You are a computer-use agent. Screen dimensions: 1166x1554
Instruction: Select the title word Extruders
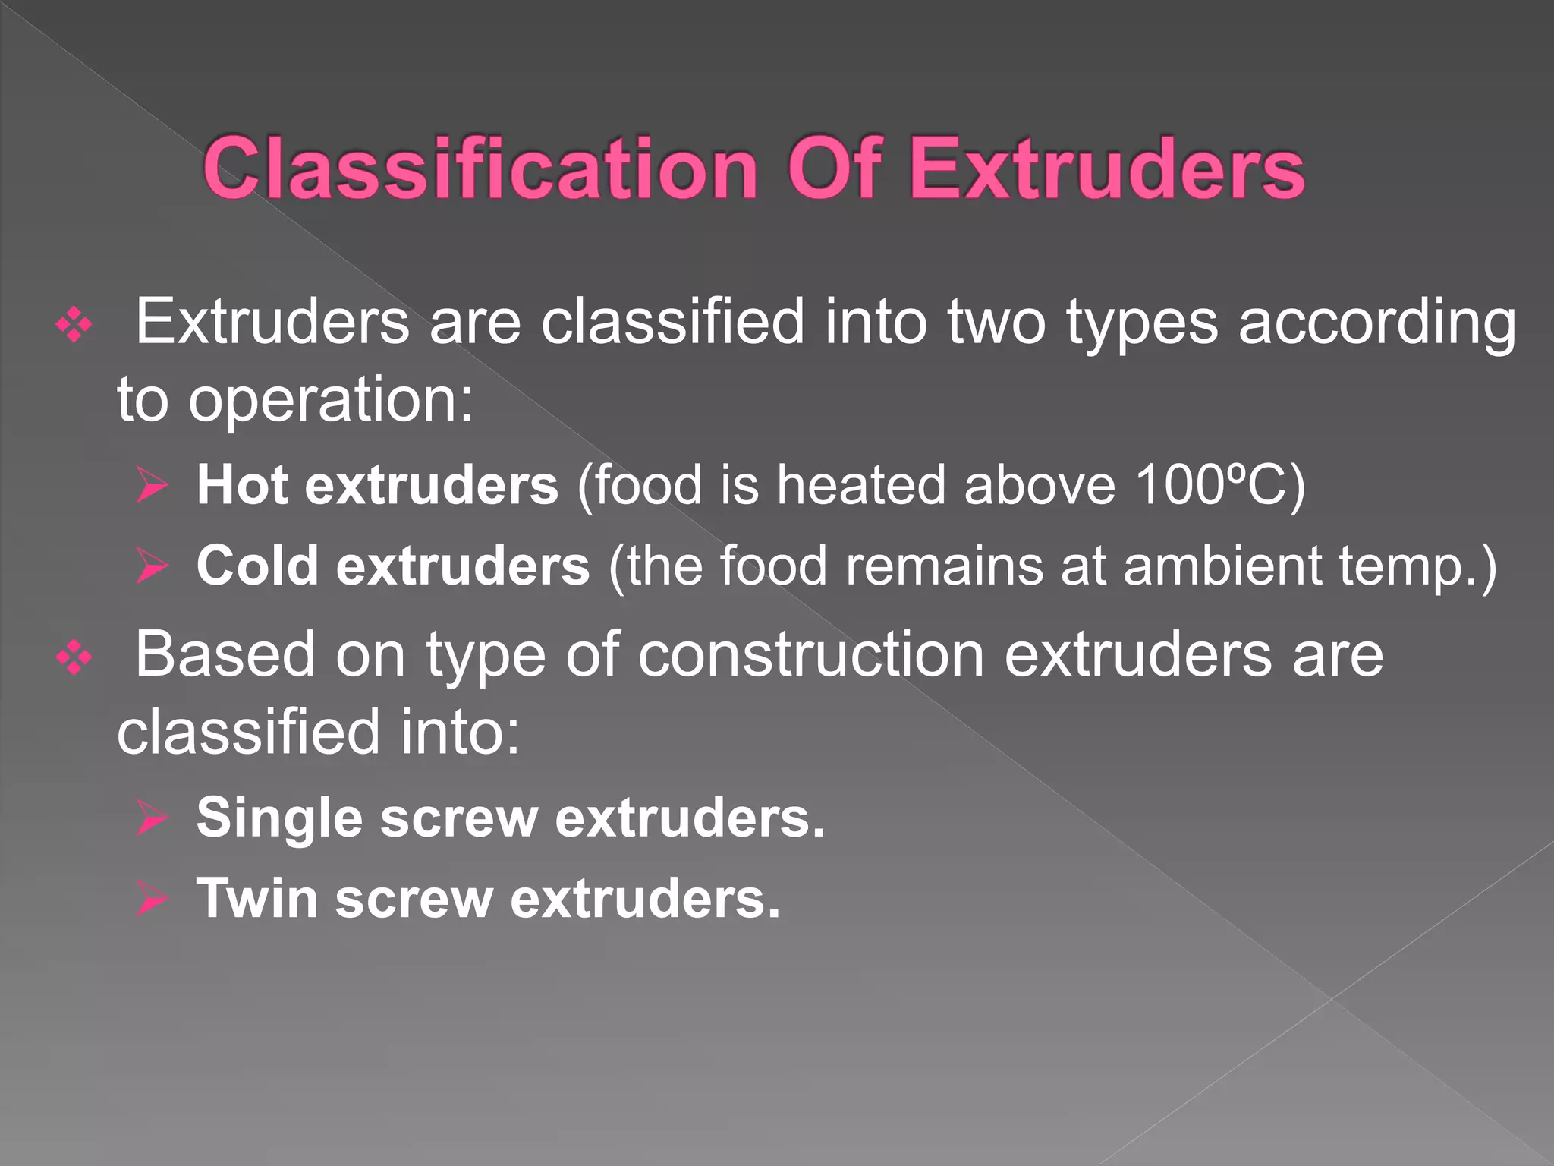pyautogui.click(x=1107, y=169)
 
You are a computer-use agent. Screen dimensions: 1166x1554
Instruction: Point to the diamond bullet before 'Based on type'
pyautogui.click(x=74, y=657)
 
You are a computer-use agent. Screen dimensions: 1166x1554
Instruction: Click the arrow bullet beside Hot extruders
pyautogui.click(x=153, y=485)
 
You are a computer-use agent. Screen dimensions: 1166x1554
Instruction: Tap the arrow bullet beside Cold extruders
pyautogui.click(x=153, y=566)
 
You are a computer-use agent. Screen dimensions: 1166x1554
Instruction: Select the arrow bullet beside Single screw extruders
pyautogui.click(x=153, y=818)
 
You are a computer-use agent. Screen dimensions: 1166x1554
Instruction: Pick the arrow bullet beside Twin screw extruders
pyautogui.click(x=153, y=899)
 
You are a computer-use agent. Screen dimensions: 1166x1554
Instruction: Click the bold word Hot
pyautogui.click(x=242, y=485)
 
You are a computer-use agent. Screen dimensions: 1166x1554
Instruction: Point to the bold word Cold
pyautogui.click(x=257, y=566)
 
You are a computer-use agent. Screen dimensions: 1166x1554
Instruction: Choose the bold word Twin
pyautogui.click(x=257, y=899)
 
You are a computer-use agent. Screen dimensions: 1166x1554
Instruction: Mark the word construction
pyautogui.click(x=811, y=656)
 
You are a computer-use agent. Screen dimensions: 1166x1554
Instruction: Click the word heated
pyautogui.click(x=861, y=485)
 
